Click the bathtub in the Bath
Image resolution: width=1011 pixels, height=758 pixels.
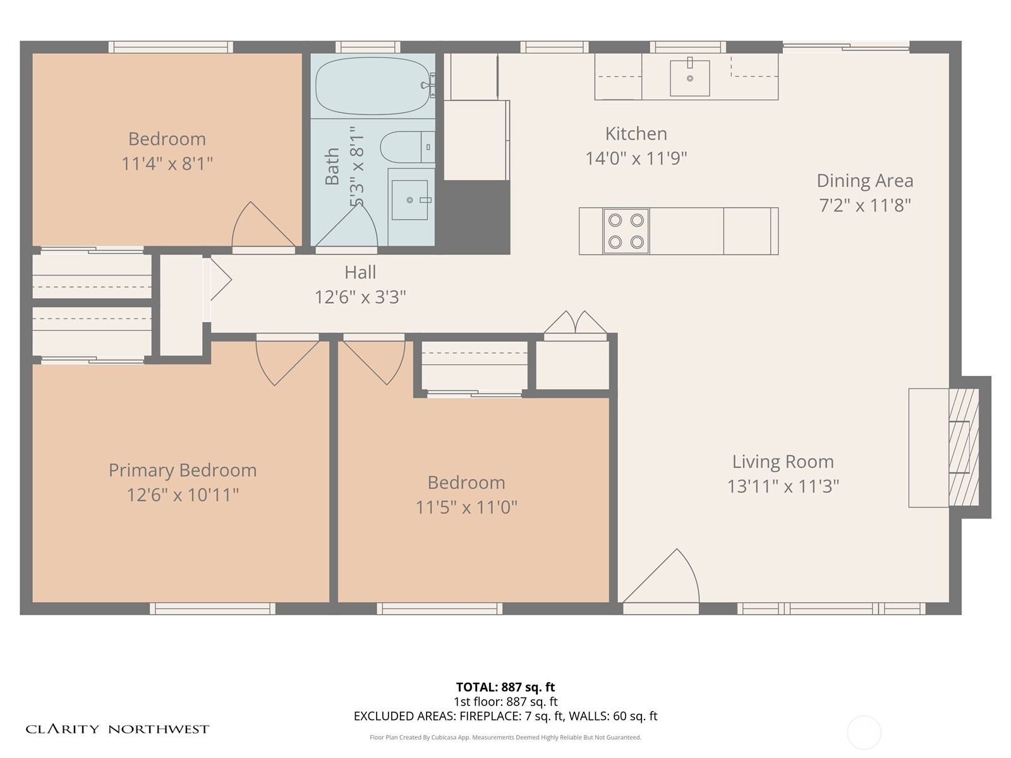coord(373,86)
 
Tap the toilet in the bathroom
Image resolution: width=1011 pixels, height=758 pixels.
coord(407,147)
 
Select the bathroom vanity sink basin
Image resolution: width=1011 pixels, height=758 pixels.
coord(409,200)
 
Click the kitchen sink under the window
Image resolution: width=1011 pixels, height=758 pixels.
coord(689,78)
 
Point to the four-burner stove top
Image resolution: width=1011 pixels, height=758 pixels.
coord(626,231)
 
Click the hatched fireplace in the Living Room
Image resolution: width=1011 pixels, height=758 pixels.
coord(964,447)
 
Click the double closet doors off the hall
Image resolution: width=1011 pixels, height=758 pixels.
coord(575,322)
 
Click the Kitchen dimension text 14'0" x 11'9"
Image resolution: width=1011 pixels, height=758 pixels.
coord(636,159)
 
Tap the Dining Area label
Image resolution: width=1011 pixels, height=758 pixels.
coord(865,181)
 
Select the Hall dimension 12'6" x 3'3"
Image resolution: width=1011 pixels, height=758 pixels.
coord(360,298)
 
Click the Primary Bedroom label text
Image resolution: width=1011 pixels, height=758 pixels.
coord(183,471)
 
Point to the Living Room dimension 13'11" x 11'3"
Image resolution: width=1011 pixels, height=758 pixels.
coord(783,486)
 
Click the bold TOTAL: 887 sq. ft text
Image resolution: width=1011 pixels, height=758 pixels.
coord(505,687)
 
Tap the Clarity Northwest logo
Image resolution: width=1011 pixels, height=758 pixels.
coord(117,729)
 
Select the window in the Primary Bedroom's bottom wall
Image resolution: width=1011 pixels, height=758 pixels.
coord(213,608)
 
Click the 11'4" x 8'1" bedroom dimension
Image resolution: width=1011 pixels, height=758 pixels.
coord(167,164)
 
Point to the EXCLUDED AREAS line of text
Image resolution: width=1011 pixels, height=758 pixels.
coord(505,716)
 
